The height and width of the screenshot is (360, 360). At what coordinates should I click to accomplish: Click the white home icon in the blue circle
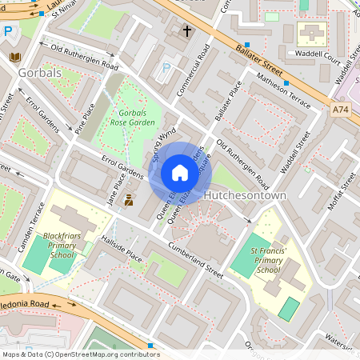[x=179, y=173]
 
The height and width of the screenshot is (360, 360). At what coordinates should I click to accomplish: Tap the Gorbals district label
[x=38, y=73]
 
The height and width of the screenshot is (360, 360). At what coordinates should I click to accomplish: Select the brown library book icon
[x=15, y=57]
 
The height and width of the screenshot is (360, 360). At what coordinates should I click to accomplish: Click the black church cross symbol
[x=187, y=31]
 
